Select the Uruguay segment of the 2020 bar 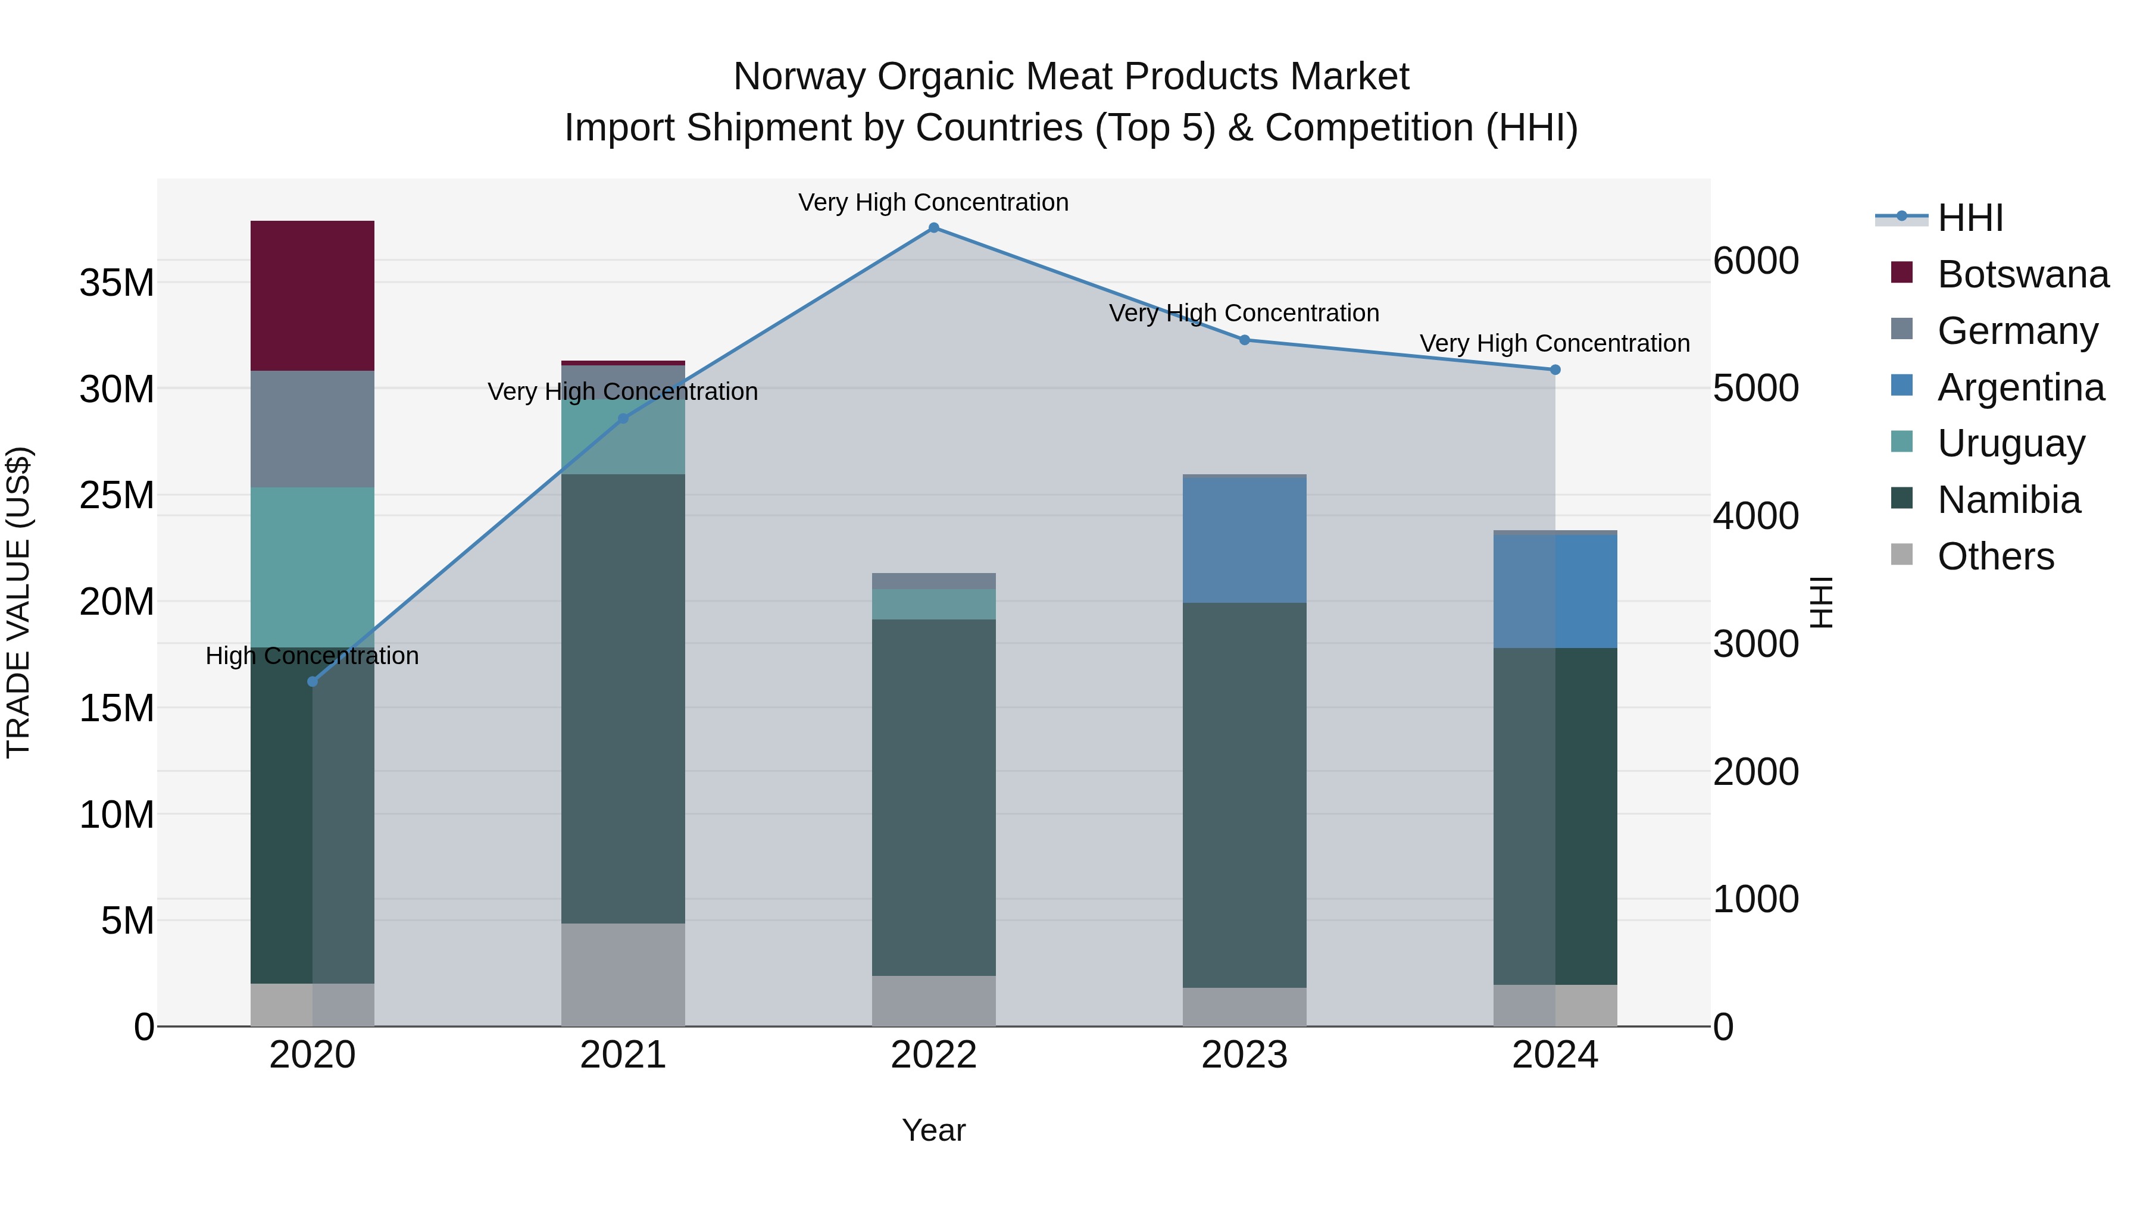312,566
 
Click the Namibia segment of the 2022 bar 933,797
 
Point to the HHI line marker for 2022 933,228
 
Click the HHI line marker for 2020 313,682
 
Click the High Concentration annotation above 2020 312,656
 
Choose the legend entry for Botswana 2022,274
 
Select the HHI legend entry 1969,218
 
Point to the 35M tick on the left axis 117,283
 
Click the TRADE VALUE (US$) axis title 18,602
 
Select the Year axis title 933,1130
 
